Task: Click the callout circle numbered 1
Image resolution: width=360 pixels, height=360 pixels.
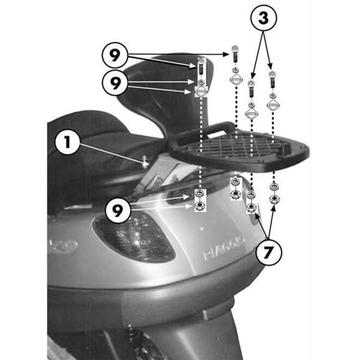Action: tap(67, 143)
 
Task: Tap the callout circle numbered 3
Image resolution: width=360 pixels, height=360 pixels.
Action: tap(262, 20)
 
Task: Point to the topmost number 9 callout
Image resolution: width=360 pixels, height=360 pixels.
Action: tap(115, 55)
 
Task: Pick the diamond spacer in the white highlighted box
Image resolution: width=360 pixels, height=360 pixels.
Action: tap(200, 91)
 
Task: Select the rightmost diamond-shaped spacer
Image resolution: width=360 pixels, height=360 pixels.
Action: tap(273, 104)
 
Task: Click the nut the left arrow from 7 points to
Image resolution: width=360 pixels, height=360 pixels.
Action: tap(252, 209)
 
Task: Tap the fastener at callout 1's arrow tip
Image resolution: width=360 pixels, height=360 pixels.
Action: tap(146, 161)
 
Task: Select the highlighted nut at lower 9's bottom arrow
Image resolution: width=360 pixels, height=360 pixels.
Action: tap(199, 207)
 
